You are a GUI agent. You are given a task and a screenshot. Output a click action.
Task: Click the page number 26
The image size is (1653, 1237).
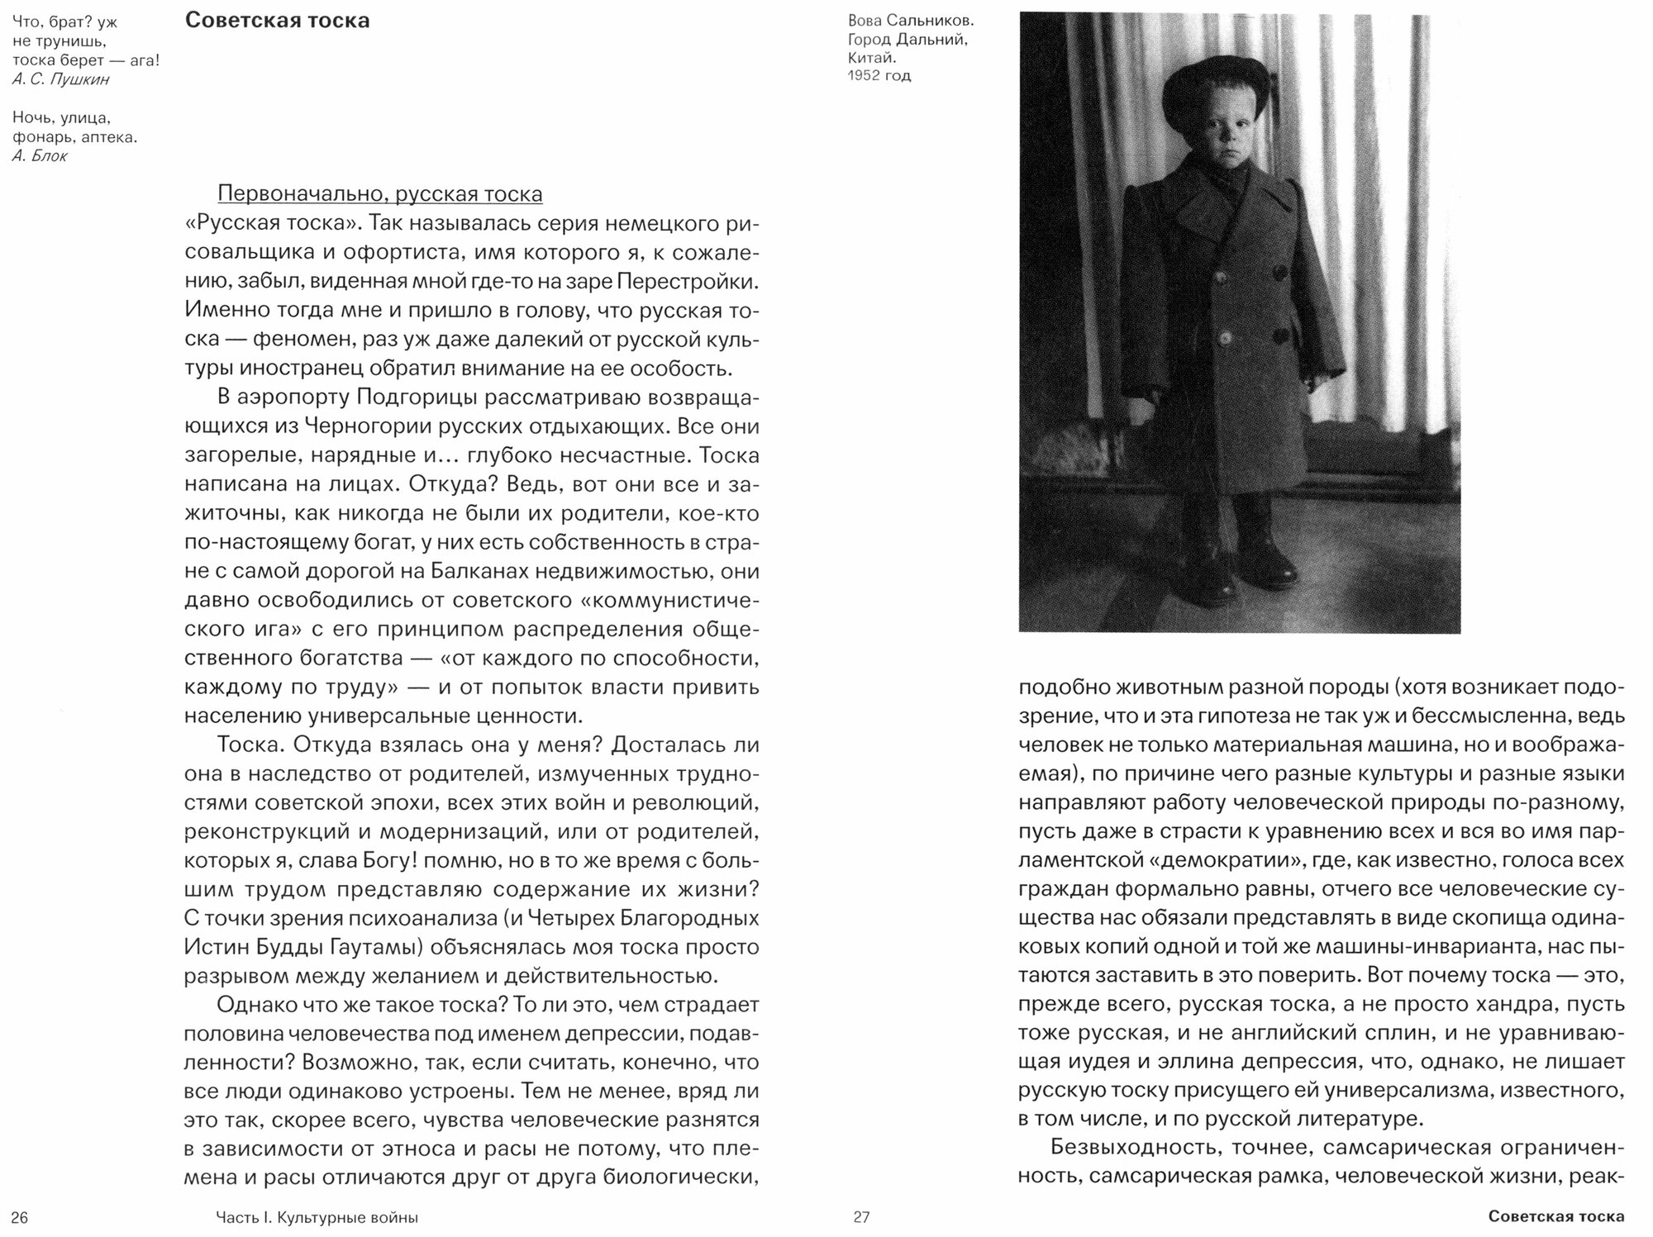click(21, 1217)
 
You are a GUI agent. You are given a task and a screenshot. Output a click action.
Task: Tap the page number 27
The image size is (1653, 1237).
click(861, 1217)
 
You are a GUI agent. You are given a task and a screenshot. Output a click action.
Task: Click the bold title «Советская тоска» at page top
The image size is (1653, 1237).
click(277, 21)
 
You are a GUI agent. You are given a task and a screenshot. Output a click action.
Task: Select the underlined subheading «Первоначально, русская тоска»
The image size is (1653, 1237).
click(380, 194)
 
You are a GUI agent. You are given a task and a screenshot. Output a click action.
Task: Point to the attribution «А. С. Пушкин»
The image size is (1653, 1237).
click(61, 79)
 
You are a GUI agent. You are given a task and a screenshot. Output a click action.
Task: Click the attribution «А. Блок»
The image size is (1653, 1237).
click(40, 155)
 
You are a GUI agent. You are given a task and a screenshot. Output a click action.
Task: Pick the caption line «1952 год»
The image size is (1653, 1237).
click(879, 76)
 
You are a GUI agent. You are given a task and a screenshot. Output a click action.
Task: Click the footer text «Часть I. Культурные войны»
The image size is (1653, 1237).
click(317, 1217)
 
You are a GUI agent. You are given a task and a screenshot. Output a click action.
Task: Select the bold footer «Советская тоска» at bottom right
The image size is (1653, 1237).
click(1555, 1217)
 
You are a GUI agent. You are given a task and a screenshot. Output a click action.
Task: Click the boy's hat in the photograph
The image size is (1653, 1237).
click(1207, 91)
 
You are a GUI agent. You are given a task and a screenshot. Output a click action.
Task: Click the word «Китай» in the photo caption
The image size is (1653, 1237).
click(872, 58)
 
